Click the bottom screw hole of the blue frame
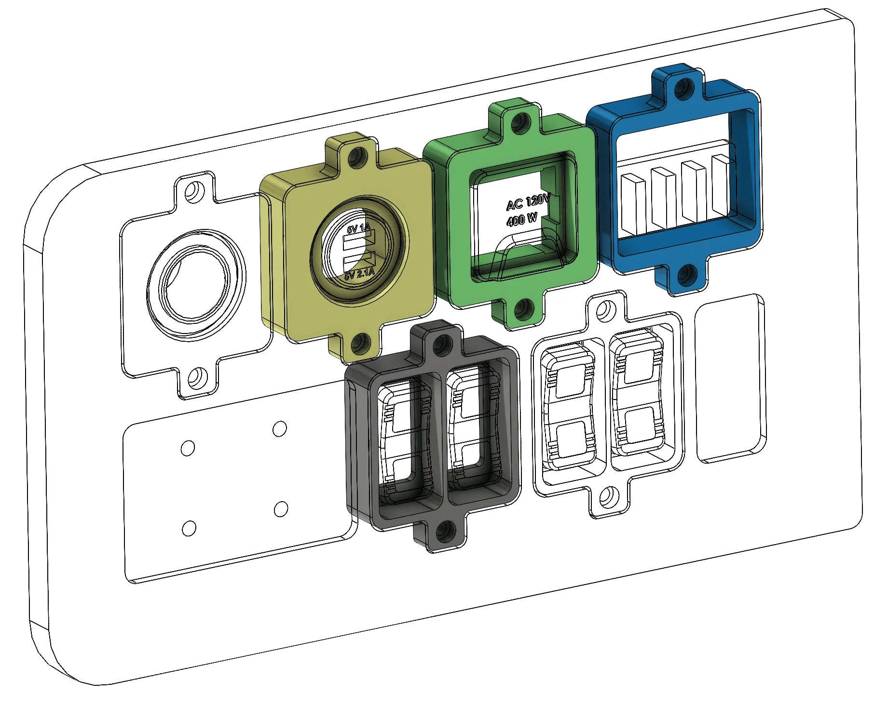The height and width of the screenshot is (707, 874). tap(685, 275)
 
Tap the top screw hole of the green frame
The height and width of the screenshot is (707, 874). tap(518, 123)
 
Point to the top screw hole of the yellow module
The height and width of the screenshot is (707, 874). tap(356, 155)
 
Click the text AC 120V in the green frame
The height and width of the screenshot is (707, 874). tap(528, 202)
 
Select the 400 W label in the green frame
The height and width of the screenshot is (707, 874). tap(522, 220)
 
